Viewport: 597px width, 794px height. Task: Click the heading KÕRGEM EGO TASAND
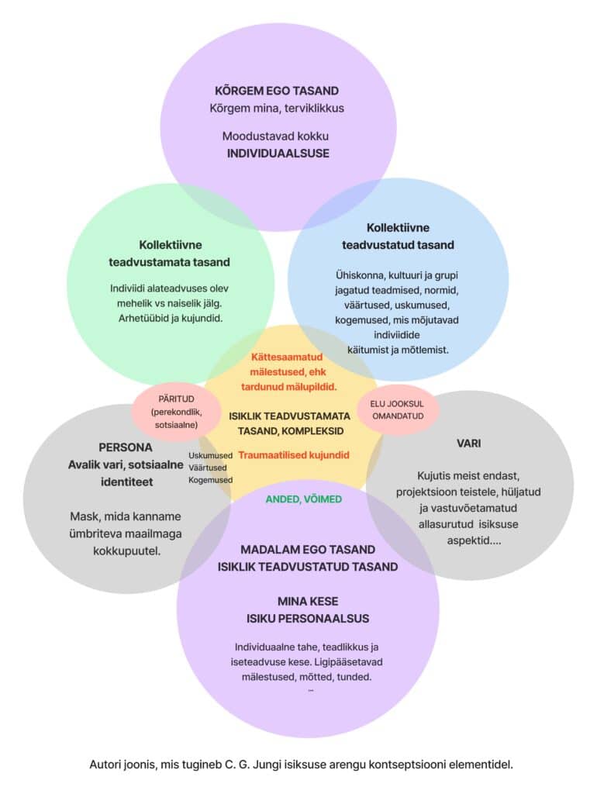coord(278,91)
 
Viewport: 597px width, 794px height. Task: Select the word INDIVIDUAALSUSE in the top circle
coord(278,153)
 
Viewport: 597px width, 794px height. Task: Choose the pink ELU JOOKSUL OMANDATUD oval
coord(398,409)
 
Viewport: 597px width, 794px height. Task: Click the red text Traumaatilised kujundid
coord(294,455)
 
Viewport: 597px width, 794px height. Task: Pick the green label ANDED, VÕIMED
coord(303,499)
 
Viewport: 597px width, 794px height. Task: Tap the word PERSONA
coord(126,447)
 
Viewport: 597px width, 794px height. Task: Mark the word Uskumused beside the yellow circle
coord(210,455)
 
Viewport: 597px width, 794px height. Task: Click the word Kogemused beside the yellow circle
coord(210,480)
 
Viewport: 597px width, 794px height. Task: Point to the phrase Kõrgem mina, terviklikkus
coord(278,108)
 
